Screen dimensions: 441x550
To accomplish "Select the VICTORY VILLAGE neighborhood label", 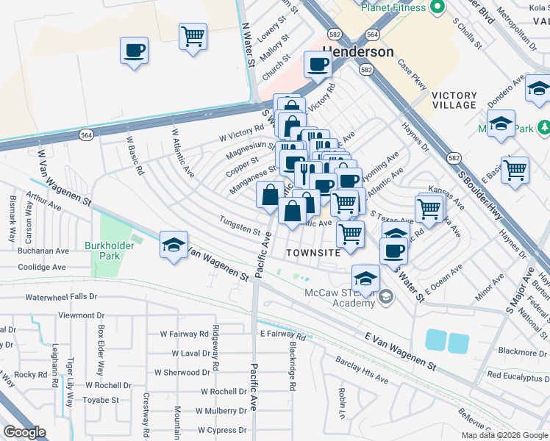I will [454, 100].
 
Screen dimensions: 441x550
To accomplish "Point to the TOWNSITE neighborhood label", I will [313, 252].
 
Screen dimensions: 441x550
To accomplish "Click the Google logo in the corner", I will [24, 432].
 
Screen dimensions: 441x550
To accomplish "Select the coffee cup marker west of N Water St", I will [135, 51].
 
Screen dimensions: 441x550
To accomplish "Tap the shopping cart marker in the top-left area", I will [193, 35].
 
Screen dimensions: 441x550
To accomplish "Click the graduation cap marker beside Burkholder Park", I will [174, 245].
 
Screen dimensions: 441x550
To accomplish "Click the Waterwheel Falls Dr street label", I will [61, 297].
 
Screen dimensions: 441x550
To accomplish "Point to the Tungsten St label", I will [240, 225].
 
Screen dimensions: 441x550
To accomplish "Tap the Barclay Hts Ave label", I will [362, 371].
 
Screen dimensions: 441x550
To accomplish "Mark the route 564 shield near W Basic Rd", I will [86, 133].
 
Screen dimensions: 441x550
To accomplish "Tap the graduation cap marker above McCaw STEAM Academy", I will [365, 278].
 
